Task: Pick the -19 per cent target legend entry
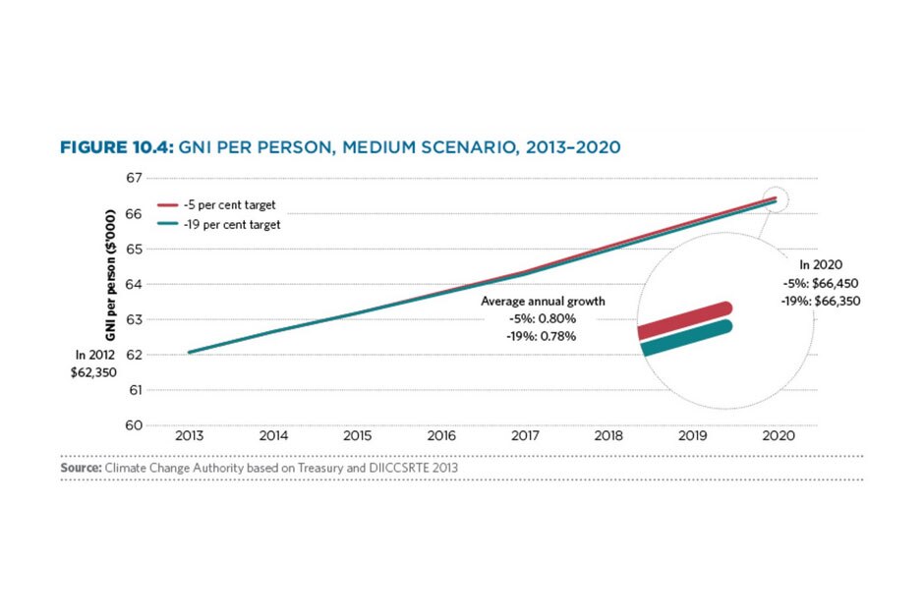tap(237, 225)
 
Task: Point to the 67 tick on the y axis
tap(161, 178)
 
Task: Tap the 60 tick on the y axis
tap(161, 425)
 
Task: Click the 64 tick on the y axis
tap(161, 284)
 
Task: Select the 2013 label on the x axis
tap(189, 435)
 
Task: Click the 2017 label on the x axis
tap(526, 435)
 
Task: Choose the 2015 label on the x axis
tap(357, 435)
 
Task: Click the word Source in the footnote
tap(80, 469)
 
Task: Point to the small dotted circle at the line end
tap(776, 199)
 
